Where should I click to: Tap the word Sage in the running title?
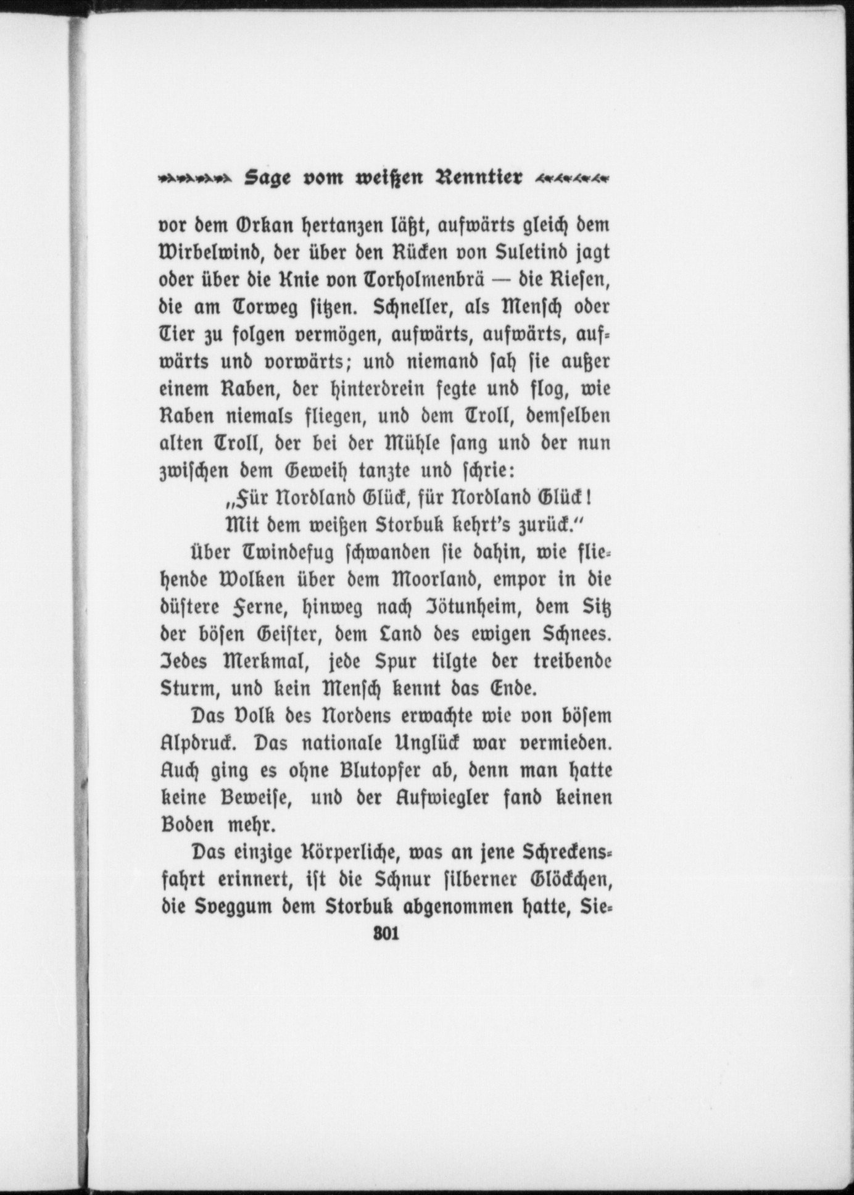coord(269,178)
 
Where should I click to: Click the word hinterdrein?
coord(374,389)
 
